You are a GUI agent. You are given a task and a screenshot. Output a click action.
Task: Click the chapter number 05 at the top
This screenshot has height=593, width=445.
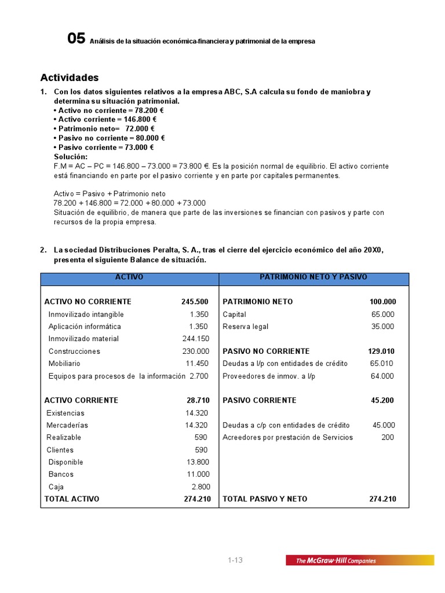tap(76, 39)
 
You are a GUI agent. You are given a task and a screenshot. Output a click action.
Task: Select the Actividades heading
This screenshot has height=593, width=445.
tap(69, 78)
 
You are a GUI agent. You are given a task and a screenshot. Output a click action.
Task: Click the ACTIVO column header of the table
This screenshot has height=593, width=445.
tap(129, 277)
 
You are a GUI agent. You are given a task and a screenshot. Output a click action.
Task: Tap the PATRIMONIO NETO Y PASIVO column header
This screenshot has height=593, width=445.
tap(313, 277)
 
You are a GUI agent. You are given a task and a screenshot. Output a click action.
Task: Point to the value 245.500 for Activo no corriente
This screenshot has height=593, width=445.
tap(195, 302)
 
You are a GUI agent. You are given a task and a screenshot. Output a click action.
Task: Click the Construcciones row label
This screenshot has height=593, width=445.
tap(74, 352)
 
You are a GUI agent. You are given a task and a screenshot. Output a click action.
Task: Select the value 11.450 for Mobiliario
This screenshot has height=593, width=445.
tap(197, 364)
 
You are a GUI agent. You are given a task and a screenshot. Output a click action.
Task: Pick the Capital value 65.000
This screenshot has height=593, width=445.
tap(382, 314)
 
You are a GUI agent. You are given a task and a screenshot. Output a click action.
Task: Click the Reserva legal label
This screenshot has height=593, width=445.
tap(246, 327)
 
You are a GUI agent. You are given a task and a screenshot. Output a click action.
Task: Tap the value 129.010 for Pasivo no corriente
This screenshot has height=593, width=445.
tap(381, 352)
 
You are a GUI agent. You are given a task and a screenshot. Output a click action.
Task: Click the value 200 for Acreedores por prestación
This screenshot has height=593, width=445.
tap(388, 437)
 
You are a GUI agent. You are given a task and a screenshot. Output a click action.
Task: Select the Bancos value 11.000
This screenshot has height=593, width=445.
tap(198, 474)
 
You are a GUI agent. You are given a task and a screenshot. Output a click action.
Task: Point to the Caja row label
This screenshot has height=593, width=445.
tap(57, 487)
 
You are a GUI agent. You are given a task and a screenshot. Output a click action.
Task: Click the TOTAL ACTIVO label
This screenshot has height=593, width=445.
tap(72, 499)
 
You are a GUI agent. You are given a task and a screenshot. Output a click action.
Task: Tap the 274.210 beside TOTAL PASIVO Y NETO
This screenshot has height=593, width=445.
tap(382, 499)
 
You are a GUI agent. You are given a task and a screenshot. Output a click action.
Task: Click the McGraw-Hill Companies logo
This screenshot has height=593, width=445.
tap(359, 560)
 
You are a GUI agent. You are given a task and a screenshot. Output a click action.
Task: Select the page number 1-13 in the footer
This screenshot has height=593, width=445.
tap(235, 560)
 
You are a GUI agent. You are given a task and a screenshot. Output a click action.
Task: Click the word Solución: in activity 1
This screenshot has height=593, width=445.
tap(71, 157)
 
